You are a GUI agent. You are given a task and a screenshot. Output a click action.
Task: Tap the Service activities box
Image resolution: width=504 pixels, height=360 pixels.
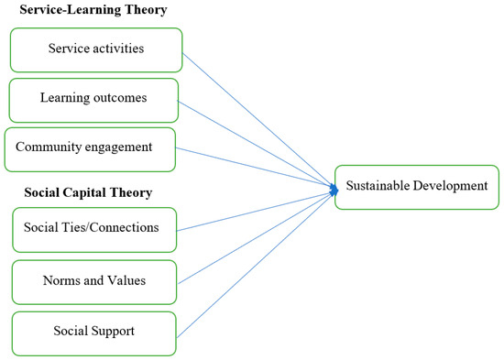[95, 49]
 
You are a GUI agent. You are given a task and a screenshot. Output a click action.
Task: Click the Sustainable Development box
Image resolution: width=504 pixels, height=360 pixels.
[417, 187]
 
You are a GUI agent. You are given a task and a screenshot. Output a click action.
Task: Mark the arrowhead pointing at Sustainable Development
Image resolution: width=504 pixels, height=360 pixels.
[331, 188]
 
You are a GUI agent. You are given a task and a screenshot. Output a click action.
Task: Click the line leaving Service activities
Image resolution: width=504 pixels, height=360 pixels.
[257, 119]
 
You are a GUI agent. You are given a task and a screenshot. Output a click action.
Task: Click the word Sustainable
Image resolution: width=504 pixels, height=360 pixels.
[375, 187]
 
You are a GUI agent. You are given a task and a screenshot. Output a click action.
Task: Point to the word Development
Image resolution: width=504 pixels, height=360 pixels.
[448, 187]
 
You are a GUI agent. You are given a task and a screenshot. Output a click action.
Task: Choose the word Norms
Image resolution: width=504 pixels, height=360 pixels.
[59, 279]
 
